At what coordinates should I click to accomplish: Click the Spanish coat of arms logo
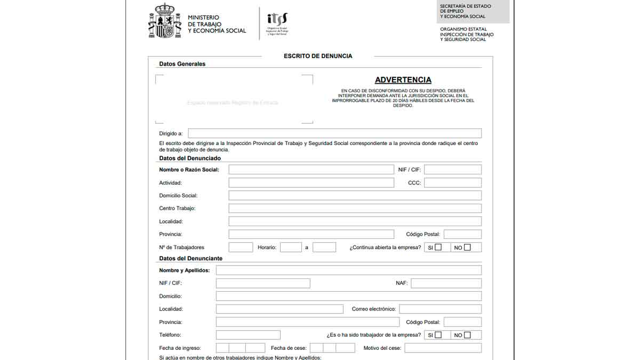click(165, 21)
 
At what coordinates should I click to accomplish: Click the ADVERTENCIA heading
click(403, 80)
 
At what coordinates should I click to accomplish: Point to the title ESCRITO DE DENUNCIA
click(318, 56)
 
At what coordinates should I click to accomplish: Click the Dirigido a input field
click(334, 133)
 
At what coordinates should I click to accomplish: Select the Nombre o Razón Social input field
click(311, 170)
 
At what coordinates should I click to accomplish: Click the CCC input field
click(452, 182)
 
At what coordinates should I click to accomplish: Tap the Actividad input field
click(311, 182)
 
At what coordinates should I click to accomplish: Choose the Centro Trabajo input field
click(355, 209)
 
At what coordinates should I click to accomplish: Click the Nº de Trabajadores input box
click(241, 247)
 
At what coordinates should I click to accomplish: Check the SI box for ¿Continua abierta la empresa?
click(438, 247)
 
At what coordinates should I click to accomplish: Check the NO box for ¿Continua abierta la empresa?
click(467, 247)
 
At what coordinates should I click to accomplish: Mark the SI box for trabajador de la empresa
click(438, 335)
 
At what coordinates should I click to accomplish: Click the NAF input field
click(446, 283)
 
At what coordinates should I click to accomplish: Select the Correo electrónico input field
click(440, 309)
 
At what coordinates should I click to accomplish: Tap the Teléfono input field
click(248, 335)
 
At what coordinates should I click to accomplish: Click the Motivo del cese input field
click(443, 348)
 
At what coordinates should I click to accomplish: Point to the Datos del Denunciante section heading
click(190, 259)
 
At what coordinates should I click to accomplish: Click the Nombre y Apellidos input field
click(348, 270)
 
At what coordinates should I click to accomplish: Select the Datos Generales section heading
click(182, 64)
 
